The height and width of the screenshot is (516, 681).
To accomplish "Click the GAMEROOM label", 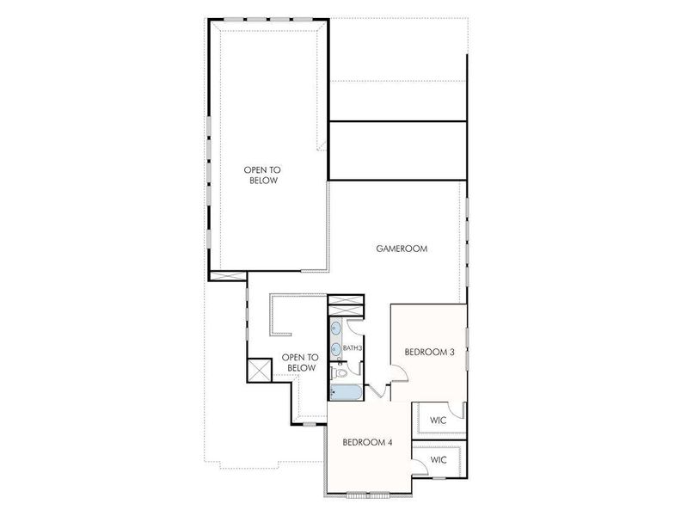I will point(402,249).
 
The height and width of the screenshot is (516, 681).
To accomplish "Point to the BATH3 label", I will point(353,348).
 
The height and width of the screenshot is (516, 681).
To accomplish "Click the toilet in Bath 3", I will point(340,372).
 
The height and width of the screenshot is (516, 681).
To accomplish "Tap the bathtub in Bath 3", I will point(344,392).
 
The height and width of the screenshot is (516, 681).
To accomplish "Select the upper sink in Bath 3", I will point(334,328).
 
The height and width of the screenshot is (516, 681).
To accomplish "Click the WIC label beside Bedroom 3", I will point(439,421).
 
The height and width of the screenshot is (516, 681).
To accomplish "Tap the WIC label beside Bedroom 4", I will point(439,460).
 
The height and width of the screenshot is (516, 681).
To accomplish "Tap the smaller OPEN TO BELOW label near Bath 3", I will point(300,362).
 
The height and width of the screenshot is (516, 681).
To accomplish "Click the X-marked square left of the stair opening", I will point(259,370).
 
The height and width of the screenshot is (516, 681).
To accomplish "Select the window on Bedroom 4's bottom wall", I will point(368,494).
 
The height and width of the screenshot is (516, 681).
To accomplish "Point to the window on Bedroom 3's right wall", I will point(466,348).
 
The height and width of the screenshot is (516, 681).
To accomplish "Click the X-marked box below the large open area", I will point(228,276).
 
